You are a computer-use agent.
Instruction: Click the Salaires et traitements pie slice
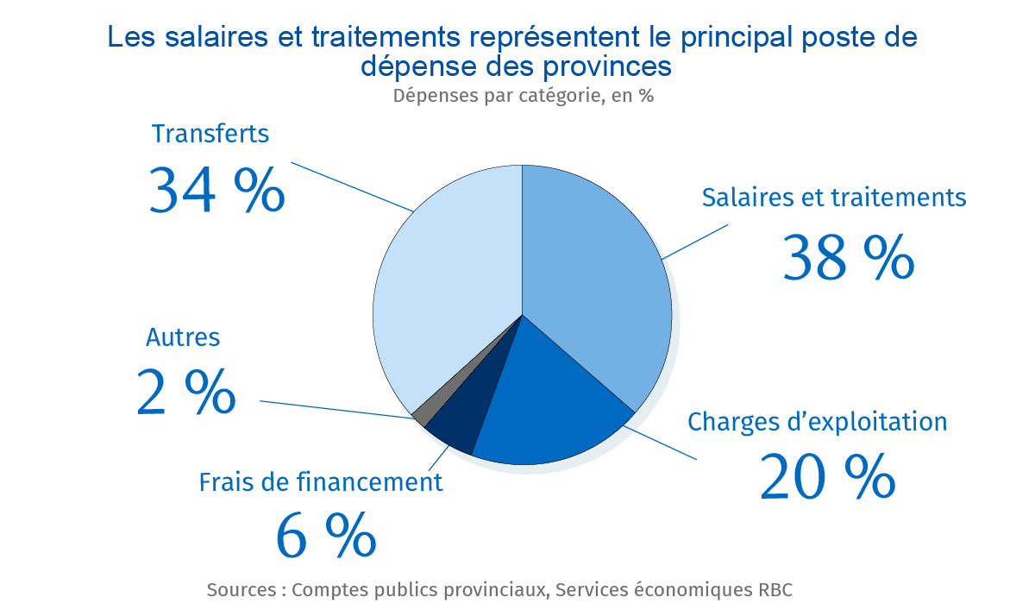point(595,276)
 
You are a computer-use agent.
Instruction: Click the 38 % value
point(847,258)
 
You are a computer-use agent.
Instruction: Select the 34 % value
point(216,190)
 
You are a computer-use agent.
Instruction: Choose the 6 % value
point(325,535)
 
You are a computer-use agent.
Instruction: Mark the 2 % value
point(185,393)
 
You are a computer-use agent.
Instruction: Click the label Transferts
point(210,135)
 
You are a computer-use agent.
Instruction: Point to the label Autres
point(183,337)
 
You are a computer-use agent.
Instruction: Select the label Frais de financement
point(321,482)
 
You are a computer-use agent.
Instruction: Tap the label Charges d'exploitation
point(817,422)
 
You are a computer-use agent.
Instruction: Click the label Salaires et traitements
point(834,198)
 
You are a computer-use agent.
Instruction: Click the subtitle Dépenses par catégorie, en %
point(523,96)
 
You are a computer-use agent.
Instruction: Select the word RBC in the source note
point(775,590)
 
